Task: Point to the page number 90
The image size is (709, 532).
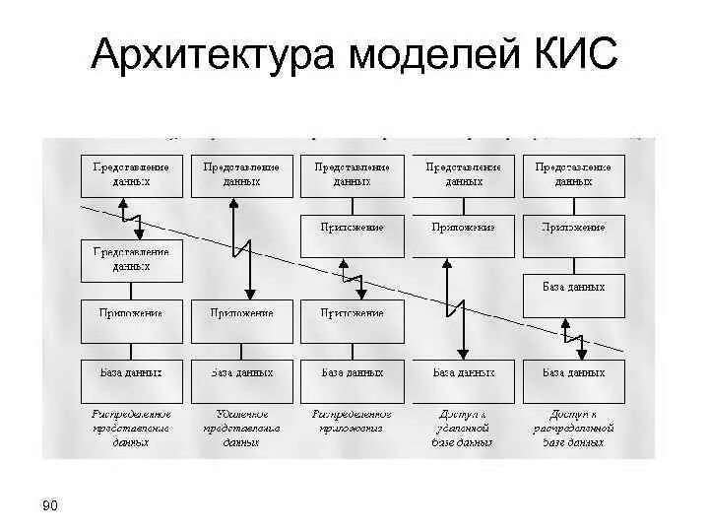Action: (50, 506)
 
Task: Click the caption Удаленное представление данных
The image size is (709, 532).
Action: (241, 429)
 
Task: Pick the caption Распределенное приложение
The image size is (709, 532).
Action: (352, 422)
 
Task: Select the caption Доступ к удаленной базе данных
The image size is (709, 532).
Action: (463, 429)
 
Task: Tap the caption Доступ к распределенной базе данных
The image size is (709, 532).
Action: (573, 429)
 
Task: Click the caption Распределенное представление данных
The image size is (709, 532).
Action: (131, 429)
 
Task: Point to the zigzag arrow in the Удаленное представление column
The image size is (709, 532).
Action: (236, 247)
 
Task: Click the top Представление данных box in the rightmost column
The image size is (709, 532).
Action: (573, 175)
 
